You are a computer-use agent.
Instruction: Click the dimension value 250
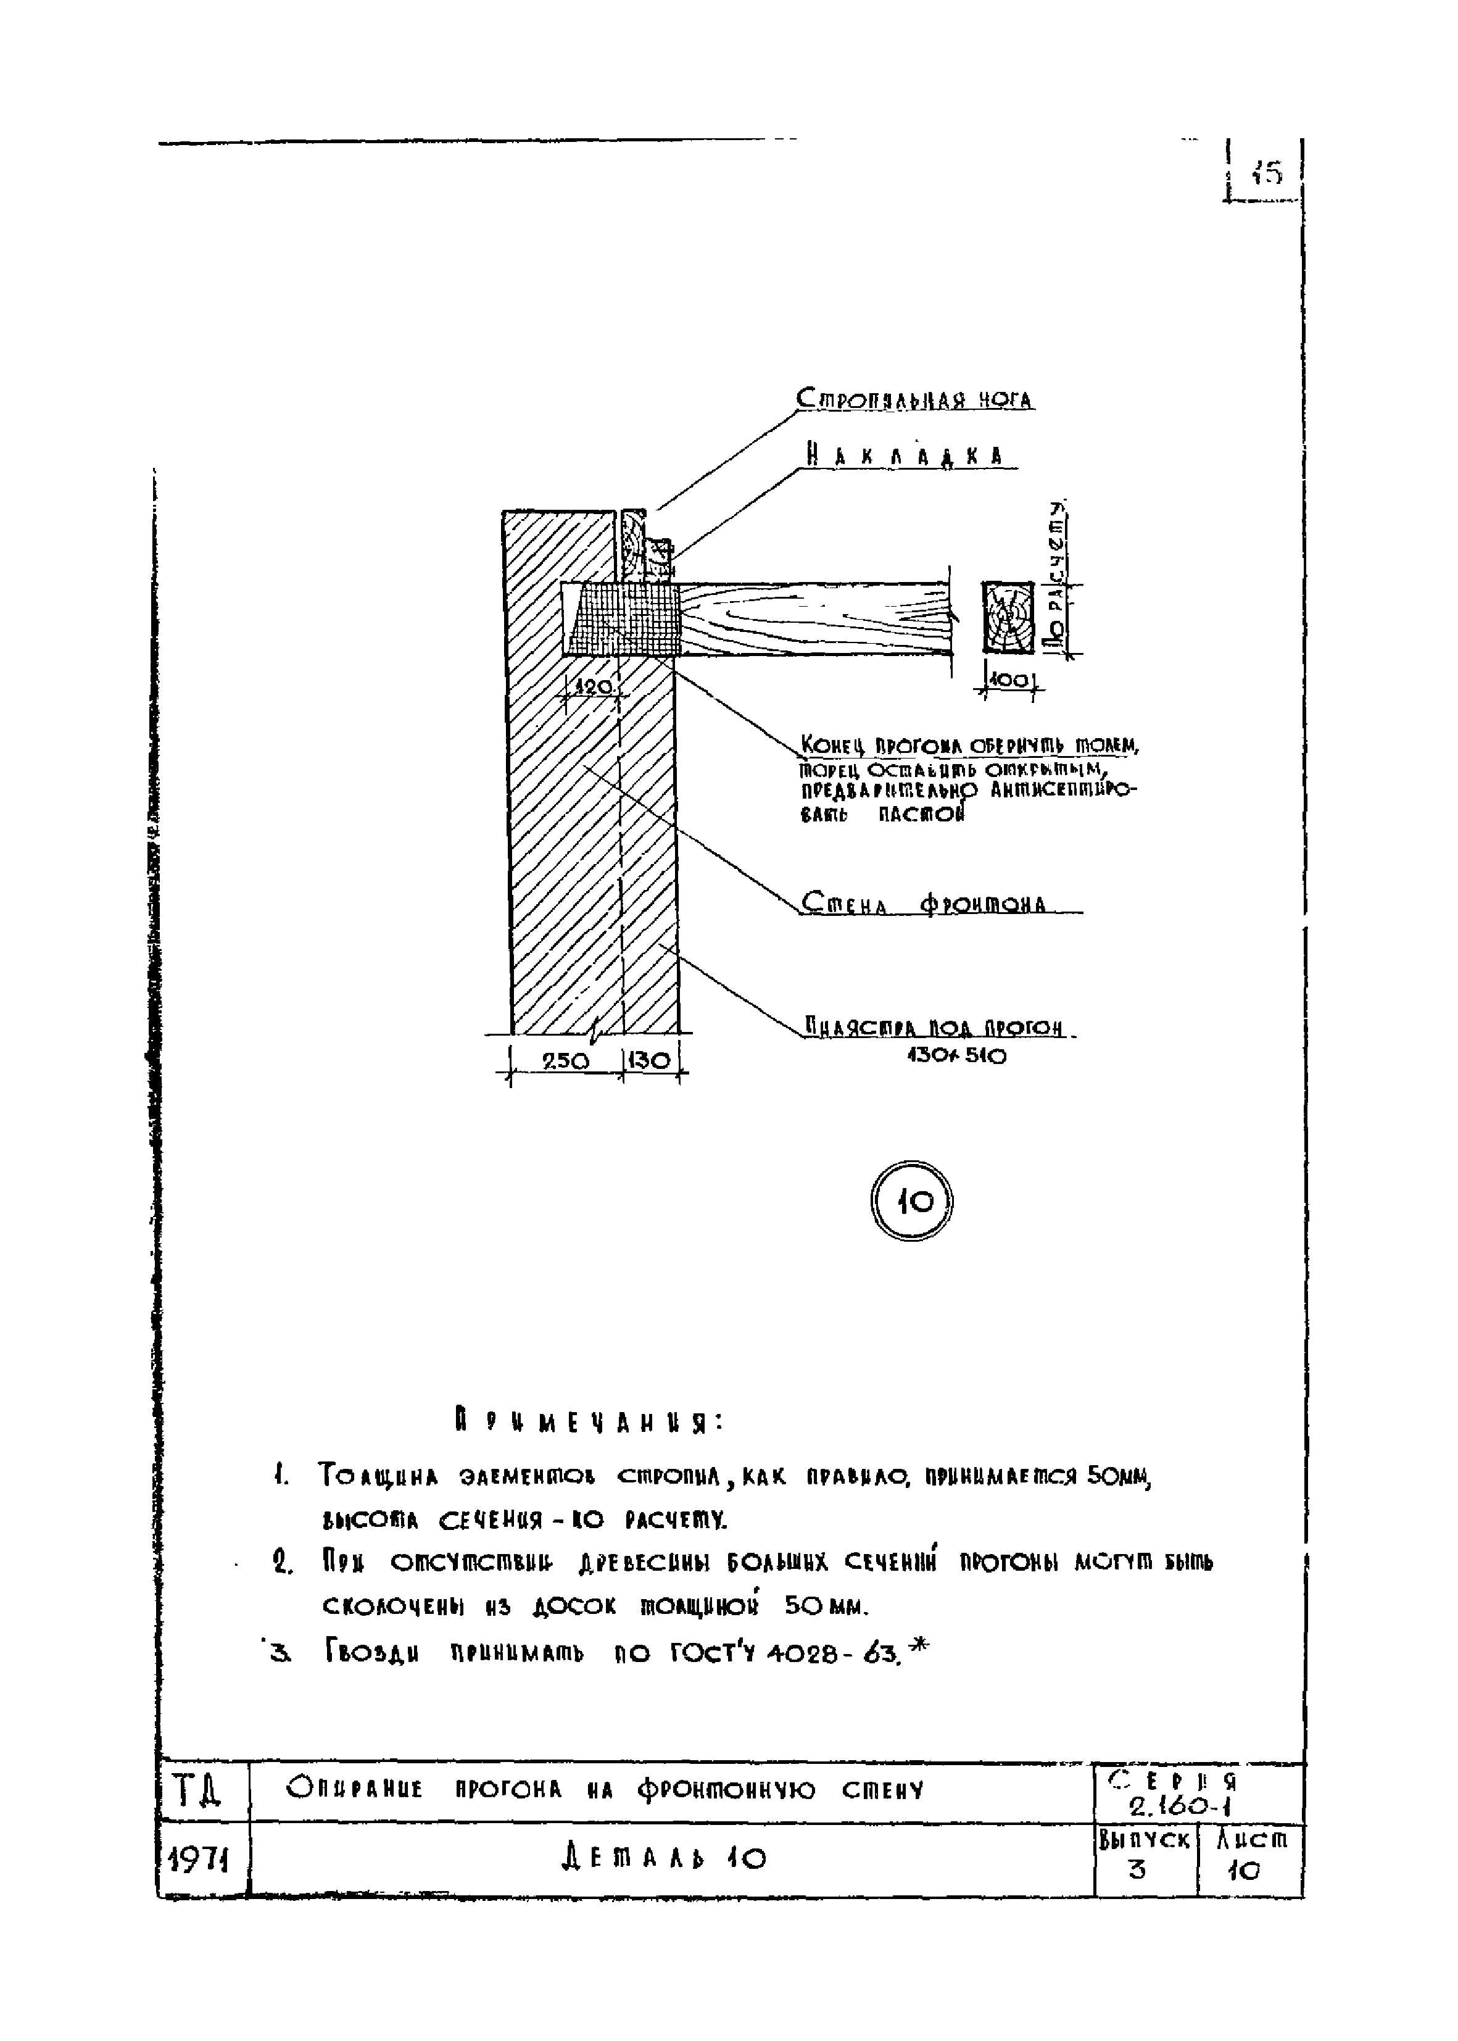pos(566,1060)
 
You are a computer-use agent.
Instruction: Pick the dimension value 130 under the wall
pos(649,1060)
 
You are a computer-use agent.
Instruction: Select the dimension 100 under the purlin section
pos(1011,681)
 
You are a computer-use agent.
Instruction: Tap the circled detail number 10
pos(911,1202)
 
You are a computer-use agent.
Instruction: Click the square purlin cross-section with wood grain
pos(1008,617)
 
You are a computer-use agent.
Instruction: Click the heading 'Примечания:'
pos(588,1423)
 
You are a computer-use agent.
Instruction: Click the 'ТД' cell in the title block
pos(197,1792)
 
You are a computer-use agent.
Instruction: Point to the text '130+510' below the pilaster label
pos(956,1056)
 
